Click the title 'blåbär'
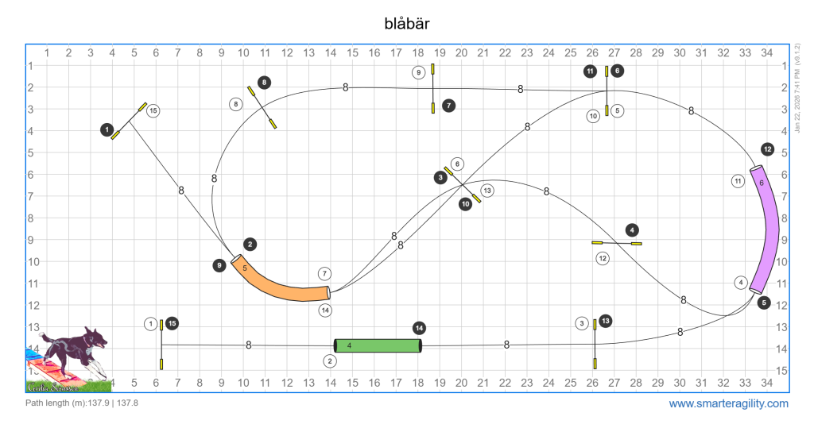(406, 23)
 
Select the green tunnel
(377, 345)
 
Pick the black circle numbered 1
(107, 129)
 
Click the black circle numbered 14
(419, 328)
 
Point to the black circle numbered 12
(767, 148)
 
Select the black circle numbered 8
(264, 82)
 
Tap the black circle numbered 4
(632, 229)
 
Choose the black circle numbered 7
(449, 104)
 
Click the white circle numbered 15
(153, 110)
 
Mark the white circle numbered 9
(419, 72)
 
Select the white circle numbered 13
(487, 190)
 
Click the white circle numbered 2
(330, 361)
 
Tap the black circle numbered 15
(172, 323)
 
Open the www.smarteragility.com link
(728, 403)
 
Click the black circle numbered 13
(606, 321)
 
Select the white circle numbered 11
(738, 181)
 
